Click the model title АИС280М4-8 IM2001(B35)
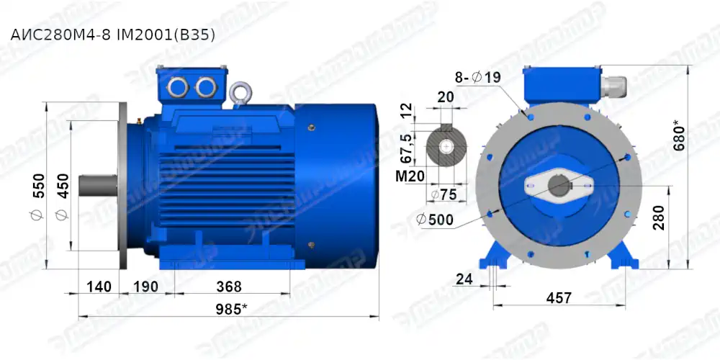112,34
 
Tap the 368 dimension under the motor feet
229,287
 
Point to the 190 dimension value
145,287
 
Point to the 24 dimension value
464,279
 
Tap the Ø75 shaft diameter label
446,194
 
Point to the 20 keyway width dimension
446,96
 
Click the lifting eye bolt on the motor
238,94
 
